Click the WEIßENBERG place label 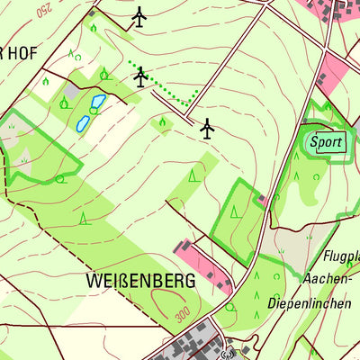[x=141, y=281]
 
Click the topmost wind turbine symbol [x=139, y=17]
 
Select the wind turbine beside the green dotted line [x=140, y=77]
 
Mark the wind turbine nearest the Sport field [x=208, y=130]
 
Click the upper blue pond [x=97, y=102]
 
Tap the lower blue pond [x=83, y=121]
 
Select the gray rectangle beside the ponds [x=72, y=91]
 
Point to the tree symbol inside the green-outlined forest [x=232, y=211]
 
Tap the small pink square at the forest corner [x=262, y=199]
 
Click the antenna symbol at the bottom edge [x=229, y=353]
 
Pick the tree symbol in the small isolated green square [x=162, y=121]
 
